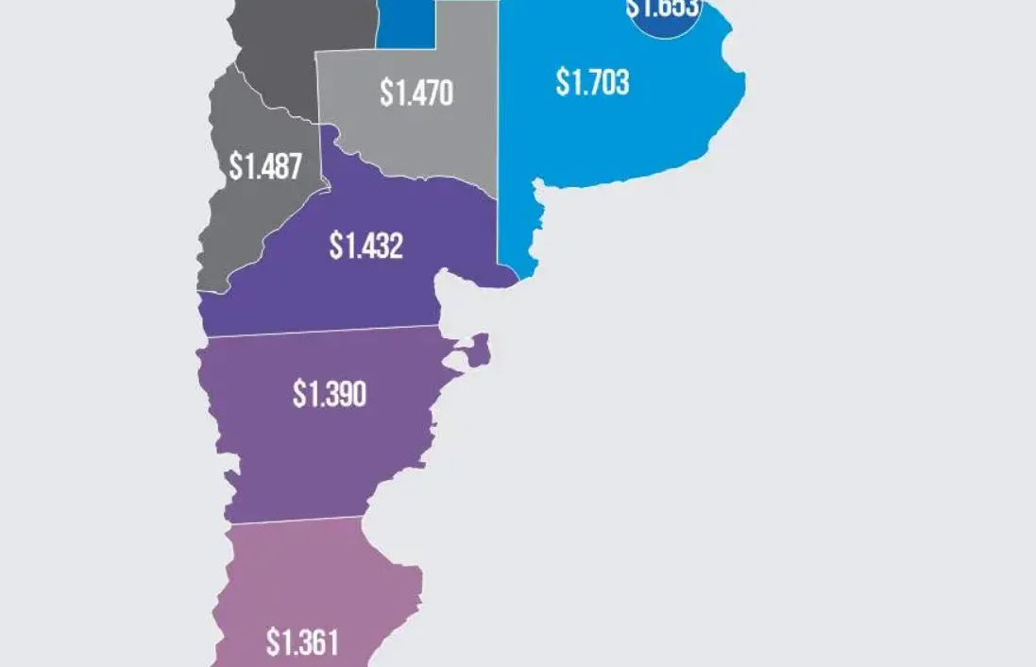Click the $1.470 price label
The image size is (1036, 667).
tap(416, 94)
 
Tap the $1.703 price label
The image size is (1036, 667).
tap(592, 83)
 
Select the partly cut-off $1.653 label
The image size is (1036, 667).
tap(663, 9)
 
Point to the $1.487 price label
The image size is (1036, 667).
tap(265, 167)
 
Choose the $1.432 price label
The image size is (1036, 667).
tap(366, 246)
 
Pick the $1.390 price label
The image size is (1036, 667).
tap(330, 394)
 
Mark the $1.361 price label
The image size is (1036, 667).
tap(302, 644)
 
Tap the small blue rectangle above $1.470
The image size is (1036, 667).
tap(405, 25)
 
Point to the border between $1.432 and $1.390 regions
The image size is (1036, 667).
tap(321, 331)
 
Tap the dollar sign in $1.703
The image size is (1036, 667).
tap(561, 83)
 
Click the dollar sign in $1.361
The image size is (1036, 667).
tap(272, 644)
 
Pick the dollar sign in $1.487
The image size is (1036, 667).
tap(235, 167)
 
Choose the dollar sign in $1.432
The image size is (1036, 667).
tap(335, 246)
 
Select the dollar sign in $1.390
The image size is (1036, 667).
tap(298, 394)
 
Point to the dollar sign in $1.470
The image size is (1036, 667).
tap(385, 94)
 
